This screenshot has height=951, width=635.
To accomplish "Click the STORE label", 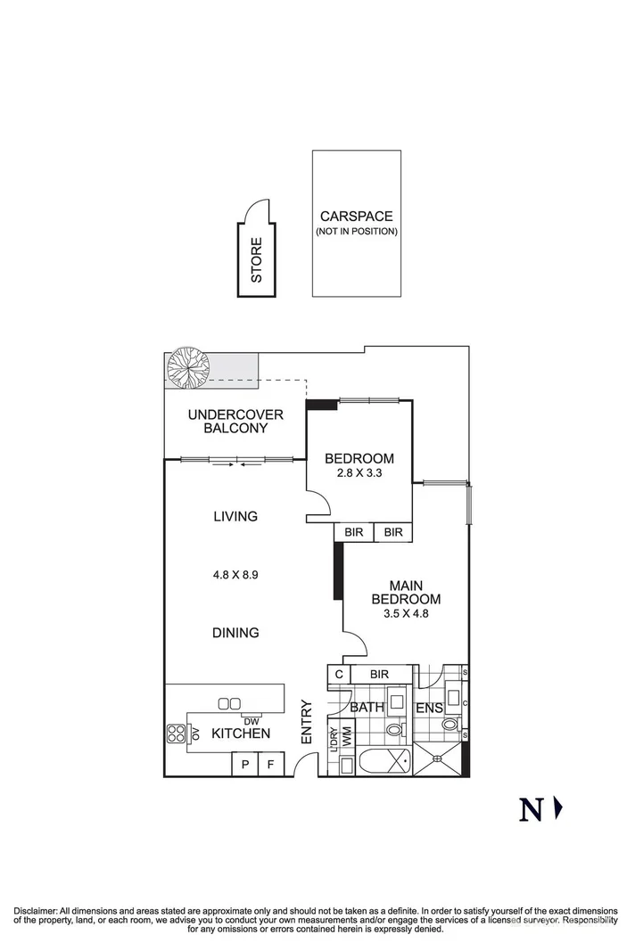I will [257, 260].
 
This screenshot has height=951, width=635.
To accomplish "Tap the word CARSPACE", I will [356, 217].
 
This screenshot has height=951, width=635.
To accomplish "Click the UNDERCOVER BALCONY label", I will [235, 421].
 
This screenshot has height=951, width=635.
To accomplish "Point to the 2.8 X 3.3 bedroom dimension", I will [359, 473].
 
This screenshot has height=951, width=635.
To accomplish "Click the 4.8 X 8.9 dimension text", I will [235, 575].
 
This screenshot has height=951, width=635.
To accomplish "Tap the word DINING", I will [235, 633].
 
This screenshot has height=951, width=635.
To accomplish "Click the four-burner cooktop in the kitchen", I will [175, 734].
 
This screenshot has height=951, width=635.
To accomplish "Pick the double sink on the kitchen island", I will [228, 703].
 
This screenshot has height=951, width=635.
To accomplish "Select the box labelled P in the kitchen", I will [243, 764].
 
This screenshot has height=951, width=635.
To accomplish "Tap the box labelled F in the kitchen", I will [270, 764].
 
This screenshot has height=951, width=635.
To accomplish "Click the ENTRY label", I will [306, 722].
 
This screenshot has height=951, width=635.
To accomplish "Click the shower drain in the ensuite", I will [440, 760].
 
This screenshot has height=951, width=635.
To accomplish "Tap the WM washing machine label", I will [347, 736].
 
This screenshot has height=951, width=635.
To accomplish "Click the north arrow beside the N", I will [559, 808].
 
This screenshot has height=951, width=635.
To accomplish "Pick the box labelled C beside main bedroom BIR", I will [339, 675].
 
